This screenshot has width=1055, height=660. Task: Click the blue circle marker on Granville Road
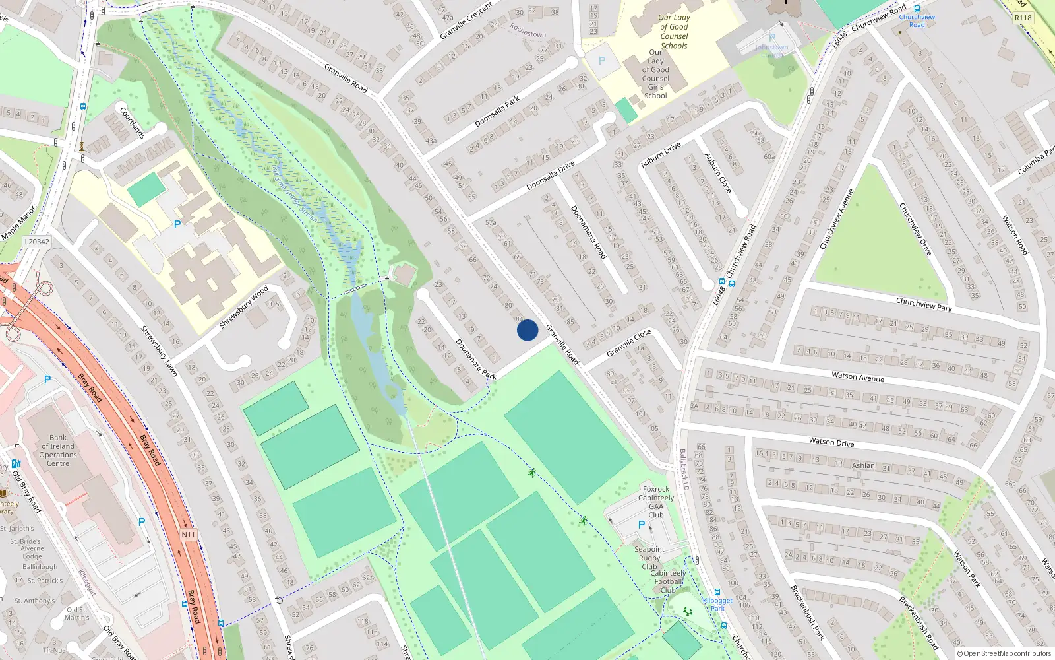click(527, 330)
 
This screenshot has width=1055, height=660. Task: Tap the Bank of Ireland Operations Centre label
click(58, 450)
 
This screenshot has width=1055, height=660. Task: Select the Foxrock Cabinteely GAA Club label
click(655, 502)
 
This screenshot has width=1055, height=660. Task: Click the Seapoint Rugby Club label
click(649, 558)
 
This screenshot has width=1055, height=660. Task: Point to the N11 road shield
click(188, 535)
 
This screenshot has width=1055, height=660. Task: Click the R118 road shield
click(1023, 18)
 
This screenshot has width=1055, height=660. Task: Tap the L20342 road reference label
click(37, 242)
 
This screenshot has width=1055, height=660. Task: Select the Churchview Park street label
click(924, 304)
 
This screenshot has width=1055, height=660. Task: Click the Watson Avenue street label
click(857, 377)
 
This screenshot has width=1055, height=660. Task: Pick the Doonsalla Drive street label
click(551, 176)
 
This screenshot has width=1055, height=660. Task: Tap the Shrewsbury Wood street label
click(243, 307)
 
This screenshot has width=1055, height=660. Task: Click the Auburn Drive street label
click(660, 155)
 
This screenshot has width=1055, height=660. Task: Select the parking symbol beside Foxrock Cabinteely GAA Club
click(642, 525)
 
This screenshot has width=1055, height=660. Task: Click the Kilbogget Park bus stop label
click(717, 604)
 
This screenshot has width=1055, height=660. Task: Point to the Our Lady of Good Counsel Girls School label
click(655, 74)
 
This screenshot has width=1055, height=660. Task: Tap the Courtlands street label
click(132, 123)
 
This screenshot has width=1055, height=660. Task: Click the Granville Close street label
click(628, 343)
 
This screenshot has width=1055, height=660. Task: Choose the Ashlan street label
click(863, 465)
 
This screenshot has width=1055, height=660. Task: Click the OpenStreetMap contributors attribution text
click(1004, 653)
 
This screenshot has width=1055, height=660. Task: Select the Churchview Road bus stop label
click(917, 20)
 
